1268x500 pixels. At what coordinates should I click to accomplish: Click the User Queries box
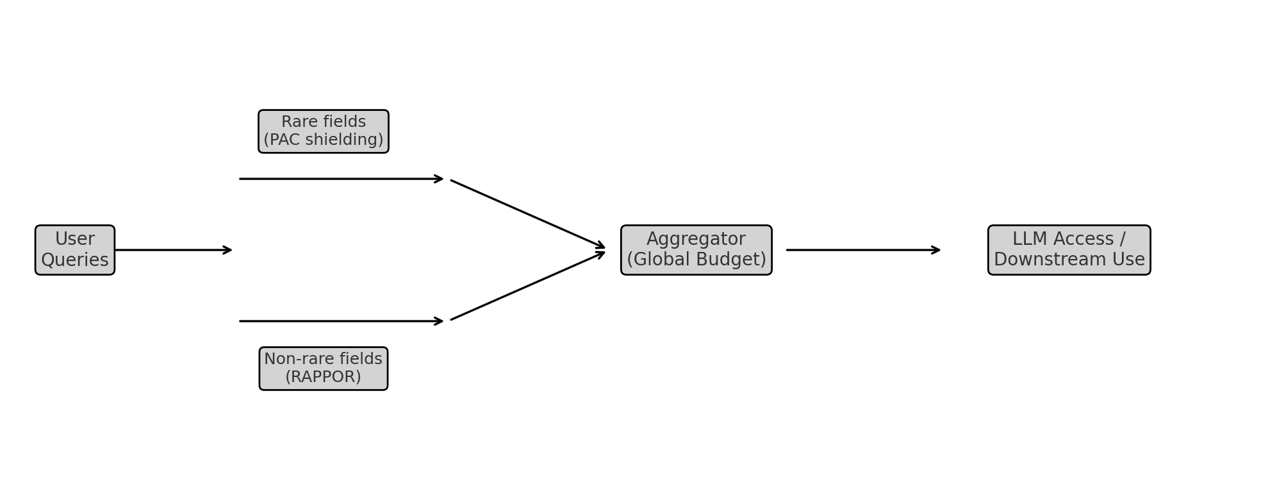(75, 250)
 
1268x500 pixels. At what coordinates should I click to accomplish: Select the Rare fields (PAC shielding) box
(324, 131)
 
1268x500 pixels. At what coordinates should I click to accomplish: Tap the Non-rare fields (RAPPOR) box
(324, 369)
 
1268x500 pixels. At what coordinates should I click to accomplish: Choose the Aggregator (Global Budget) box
(696, 250)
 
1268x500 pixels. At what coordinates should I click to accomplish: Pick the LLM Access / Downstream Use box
(1069, 250)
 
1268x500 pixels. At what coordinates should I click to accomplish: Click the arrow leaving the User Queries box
(173, 250)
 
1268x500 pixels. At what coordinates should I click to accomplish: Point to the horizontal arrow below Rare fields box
(341, 179)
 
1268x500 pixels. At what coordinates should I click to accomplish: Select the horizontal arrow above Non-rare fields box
(341, 321)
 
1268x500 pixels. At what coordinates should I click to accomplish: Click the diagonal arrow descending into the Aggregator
(527, 213)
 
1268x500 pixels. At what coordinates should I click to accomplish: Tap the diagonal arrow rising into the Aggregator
(527, 286)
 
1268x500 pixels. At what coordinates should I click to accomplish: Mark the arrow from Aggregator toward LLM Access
(863, 250)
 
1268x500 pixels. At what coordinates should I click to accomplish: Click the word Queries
(75, 260)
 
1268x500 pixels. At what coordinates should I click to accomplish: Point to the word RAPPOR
(323, 377)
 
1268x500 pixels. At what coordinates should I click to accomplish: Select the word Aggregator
(696, 239)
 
